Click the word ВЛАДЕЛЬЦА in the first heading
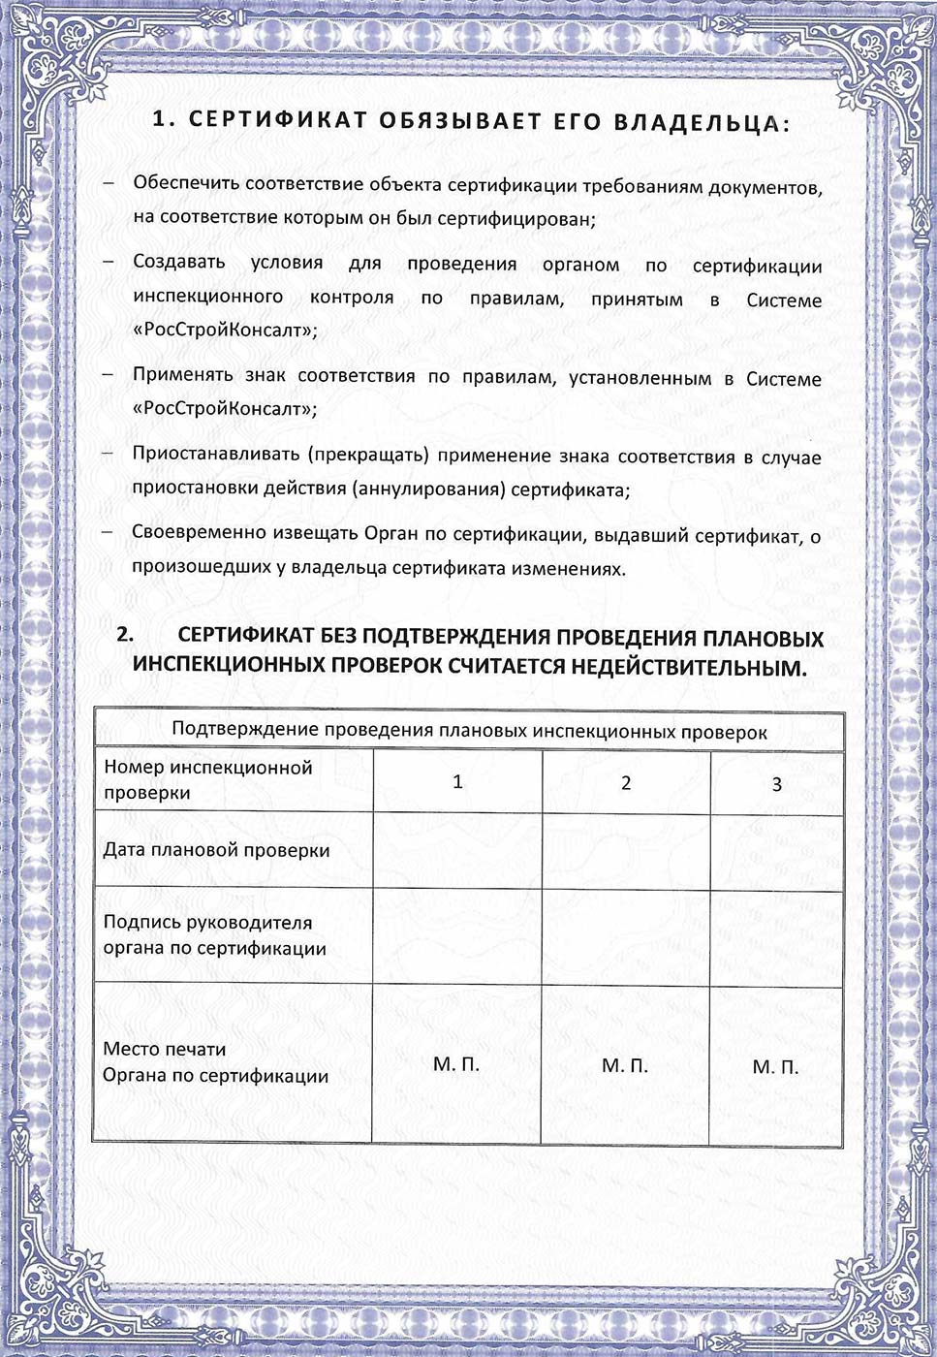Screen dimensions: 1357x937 pyautogui.click(x=696, y=123)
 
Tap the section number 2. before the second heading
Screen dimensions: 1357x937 pyautogui.click(x=125, y=636)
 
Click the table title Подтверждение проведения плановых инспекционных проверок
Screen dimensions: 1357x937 pyautogui.click(x=469, y=732)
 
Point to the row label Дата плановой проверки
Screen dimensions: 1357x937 pyautogui.click(x=216, y=850)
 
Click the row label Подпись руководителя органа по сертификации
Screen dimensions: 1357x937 pyautogui.click(x=214, y=935)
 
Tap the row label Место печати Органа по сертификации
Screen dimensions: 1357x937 pyautogui.click(x=215, y=1062)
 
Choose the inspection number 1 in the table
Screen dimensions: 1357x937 pyautogui.click(x=457, y=781)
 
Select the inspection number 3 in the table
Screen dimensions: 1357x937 pyautogui.click(x=776, y=784)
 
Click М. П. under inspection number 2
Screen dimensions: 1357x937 pyautogui.click(x=625, y=1065)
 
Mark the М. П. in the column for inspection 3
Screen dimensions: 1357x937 pyautogui.click(x=775, y=1067)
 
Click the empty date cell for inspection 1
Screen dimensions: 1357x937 pyautogui.click(x=457, y=850)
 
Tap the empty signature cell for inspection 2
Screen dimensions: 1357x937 pyautogui.click(x=625, y=935)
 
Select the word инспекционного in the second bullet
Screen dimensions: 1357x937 pyautogui.click(x=207, y=297)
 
